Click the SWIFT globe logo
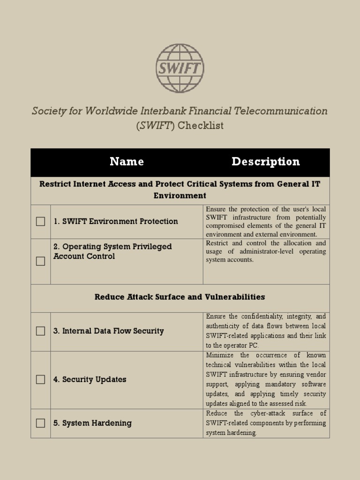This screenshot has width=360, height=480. pos(180,68)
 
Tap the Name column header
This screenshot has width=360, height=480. pos(127,162)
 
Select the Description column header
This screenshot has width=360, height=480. pos(265,162)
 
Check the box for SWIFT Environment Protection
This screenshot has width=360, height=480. pos(41,221)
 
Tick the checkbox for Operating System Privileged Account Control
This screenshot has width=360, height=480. pos(41,261)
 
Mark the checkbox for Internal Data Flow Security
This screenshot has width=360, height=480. pos(41,331)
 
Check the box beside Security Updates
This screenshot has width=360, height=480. pos(41,379)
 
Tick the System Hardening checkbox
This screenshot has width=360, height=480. pos(41,423)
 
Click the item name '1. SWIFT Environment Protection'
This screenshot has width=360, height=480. pos(115,221)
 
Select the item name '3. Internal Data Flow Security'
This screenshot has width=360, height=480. pos(108,331)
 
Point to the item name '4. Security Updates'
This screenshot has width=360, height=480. pos(90,379)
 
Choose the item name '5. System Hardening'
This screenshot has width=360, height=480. pos(92,423)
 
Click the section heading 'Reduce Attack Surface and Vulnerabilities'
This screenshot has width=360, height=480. pos(180,297)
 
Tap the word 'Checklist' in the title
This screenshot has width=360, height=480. pos(201,126)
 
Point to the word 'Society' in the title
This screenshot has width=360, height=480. pos(47,111)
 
